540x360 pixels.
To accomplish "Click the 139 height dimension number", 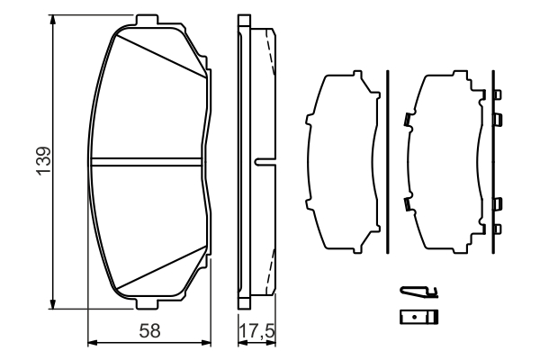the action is click(44, 161).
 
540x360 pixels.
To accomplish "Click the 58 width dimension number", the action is click(149, 331).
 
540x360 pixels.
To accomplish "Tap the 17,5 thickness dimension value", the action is click(256, 331).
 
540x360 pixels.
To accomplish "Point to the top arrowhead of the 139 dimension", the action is click(52, 20).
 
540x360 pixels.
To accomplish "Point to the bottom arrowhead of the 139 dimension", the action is click(52, 304).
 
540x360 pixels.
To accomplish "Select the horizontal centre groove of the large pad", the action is click(146, 162).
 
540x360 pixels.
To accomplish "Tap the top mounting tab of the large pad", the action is click(146, 20).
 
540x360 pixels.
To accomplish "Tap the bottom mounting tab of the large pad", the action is click(148, 304).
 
